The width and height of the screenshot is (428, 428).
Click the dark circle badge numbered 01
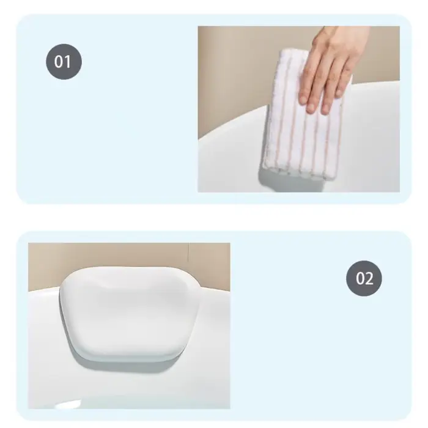tap(64, 61)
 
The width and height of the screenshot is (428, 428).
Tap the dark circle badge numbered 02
tap(364, 278)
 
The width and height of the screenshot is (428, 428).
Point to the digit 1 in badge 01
tap(68, 62)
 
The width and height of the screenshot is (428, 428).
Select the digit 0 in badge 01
tap(59, 62)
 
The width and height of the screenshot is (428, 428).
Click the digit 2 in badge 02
tap(369, 278)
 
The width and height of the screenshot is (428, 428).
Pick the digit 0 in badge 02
tap(360, 278)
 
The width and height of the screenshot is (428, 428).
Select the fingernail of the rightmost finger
tap(339, 92)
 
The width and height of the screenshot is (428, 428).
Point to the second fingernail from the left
tap(311, 108)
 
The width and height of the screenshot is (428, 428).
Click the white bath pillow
tap(130, 314)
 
